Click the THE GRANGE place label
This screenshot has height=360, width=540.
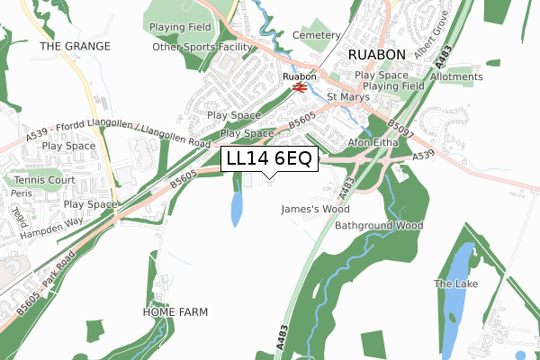pos(75,46)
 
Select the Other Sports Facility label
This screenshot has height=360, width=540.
pos(204,47)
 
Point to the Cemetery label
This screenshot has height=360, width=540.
pos(316,35)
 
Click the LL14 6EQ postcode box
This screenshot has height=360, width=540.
pos(269,159)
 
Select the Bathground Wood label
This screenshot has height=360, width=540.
pos(379,225)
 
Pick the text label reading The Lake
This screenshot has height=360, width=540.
pos(455,284)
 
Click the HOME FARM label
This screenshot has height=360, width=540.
pos(175,312)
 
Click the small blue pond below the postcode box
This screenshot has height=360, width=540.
pos(237,209)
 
